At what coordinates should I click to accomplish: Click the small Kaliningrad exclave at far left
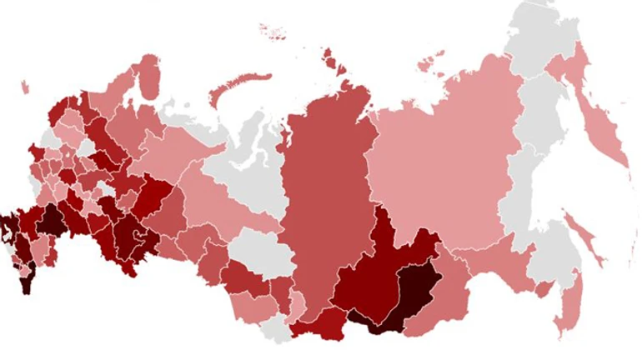pyautogui.click(x=24, y=86)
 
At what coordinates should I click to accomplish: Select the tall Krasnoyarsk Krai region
pyautogui.click(x=321, y=192)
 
